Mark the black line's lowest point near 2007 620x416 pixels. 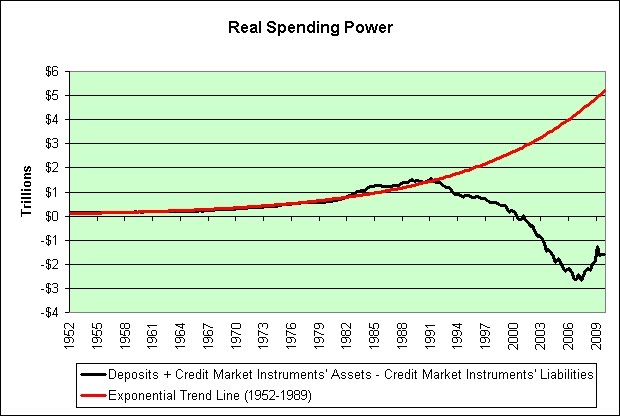click(x=578, y=280)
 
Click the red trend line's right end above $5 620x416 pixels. click(x=605, y=91)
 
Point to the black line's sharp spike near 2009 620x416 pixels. click(x=598, y=247)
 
